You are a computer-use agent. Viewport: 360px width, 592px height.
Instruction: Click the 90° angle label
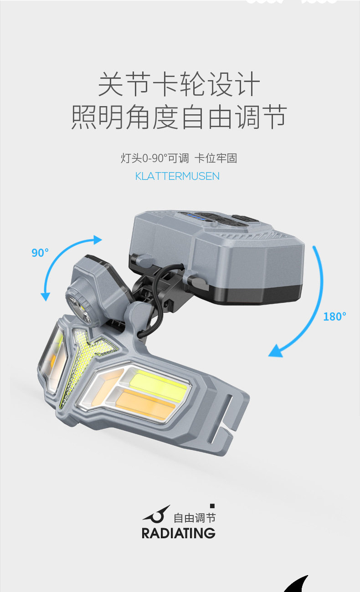tap(40, 252)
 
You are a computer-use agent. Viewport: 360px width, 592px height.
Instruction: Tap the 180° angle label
tap(334, 316)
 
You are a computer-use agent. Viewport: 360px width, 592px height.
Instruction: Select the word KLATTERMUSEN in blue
tap(177, 176)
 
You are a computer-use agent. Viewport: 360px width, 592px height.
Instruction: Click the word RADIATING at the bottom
tap(178, 533)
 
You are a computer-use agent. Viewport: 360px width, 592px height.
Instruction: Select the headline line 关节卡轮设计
tap(179, 85)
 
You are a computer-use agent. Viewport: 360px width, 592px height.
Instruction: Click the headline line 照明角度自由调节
tap(179, 117)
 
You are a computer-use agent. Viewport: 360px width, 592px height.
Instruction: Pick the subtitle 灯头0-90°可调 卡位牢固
tap(179, 158)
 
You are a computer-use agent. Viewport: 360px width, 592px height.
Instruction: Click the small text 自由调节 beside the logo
tap(195, 518)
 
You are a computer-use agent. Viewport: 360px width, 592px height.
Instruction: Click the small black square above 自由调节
tap(212, 505)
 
